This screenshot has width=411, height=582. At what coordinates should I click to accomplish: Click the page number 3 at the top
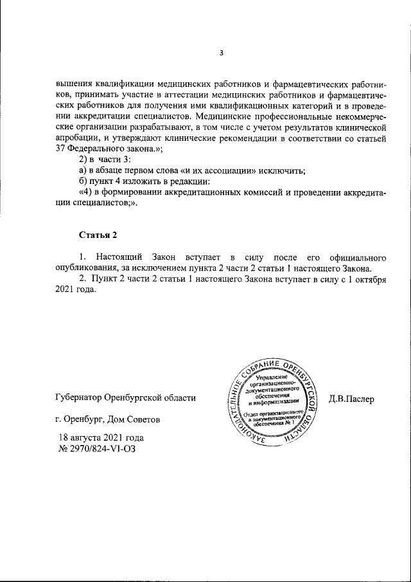(221, 53)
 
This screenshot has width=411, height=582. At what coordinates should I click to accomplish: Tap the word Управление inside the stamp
(272, 377)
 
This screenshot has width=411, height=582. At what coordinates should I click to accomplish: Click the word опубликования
(87, 268)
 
